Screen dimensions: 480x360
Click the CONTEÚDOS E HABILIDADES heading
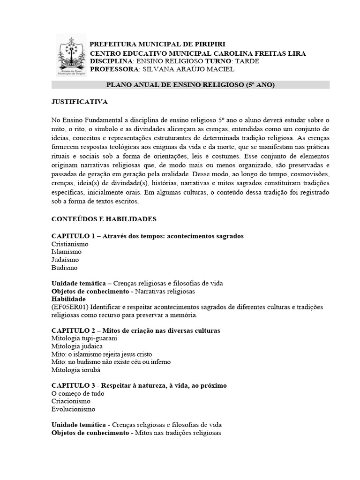tap(104, 219)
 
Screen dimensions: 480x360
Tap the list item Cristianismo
tap(70, 244)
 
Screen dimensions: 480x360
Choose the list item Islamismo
tap(67, 252)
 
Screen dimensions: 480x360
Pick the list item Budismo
tap(65, 268)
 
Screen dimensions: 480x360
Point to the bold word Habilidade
tap(68, 299)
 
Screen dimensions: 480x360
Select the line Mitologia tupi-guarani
tap(84, 338)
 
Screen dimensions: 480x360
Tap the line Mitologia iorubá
tap(75, 369)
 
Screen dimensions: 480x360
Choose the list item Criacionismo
tap(71, 401)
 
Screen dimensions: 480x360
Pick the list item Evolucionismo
tap(73, 409)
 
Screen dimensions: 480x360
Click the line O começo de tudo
tap(78, 393)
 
